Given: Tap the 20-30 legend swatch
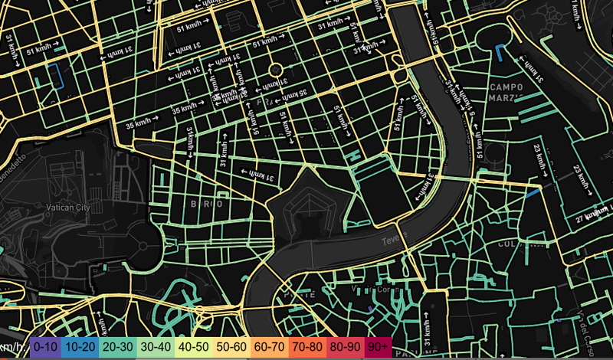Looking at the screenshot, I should pos(116,347).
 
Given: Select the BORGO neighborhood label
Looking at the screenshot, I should pos(206,204).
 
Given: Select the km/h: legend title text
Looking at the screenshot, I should pos(14,347).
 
